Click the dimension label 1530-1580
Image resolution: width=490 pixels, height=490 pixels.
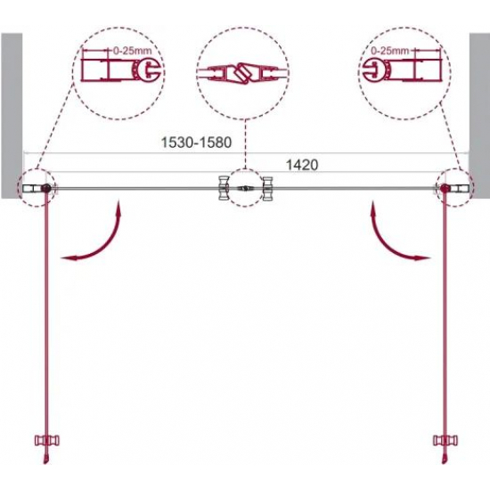pos(196,143)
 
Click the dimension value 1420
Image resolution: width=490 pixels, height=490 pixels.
pos(302,165)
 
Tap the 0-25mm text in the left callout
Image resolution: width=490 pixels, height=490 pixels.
pos(133,51)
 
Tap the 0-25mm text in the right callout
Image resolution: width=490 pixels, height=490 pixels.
pos(389,51)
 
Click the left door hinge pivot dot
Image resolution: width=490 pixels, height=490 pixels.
pos(46,188)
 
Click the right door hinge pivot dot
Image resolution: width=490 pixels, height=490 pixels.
pos(444,188)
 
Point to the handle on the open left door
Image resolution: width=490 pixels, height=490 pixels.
pos(47,441)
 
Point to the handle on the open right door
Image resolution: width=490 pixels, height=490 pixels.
pos(445,441)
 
